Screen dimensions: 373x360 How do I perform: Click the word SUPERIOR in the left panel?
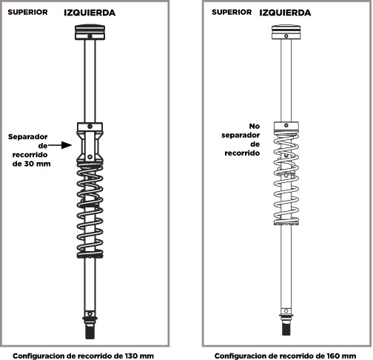click(27, 12)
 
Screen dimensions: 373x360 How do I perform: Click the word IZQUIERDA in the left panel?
click(90, 13)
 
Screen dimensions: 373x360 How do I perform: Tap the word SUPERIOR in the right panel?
click(232, 12)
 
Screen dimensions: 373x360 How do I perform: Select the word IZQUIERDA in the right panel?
click(285, 13)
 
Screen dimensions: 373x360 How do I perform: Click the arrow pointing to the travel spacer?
click(60, 145)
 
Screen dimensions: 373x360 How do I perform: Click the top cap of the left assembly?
click(90, 32)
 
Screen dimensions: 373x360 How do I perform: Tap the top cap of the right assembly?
click(286, 32)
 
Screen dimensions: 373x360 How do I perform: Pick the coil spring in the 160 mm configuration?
click(286, 178)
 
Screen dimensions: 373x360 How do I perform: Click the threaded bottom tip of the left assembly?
click(90, 332)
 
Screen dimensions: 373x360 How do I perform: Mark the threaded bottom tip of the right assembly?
click(286, 328)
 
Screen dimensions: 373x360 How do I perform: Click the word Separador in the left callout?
click(28, 137)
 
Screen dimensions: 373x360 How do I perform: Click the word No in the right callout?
click(255, 126)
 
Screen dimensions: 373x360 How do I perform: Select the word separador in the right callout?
click(241, 136)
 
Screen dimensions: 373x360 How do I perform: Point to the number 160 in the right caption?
click(333, 356)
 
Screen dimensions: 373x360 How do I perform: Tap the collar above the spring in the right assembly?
click(286, 126)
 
